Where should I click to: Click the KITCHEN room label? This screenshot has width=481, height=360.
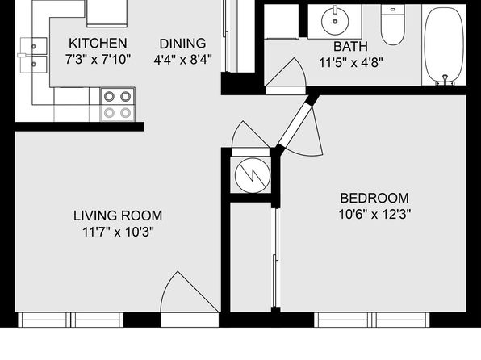tap(98, 44)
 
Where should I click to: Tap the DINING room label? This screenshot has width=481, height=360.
tap(182, 44)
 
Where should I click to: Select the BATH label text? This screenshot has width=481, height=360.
tap(350, 47)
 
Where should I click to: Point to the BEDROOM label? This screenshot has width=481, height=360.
tap(374, 198)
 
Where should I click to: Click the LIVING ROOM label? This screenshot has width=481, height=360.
tap(118, 216)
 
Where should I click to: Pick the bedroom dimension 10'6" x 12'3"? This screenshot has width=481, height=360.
tap(374, 214)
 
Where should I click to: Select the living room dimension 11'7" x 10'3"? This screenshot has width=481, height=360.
tap(118, 232)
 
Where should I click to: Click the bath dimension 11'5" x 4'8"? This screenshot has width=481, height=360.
tap(351, 63)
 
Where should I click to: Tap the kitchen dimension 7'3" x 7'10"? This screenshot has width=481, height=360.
tap(98, 59)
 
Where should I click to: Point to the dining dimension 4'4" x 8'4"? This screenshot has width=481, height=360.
tap(183, 60)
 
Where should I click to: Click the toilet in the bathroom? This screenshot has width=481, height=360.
tap(393, 25)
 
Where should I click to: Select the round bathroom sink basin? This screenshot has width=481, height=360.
tap(335, 21)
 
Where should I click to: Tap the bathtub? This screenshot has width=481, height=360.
tap(444, 45)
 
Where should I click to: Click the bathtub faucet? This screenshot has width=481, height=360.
tap(445, 80)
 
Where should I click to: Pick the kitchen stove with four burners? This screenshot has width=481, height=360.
tap(118, 105)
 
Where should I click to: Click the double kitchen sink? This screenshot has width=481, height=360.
tap(33, 55)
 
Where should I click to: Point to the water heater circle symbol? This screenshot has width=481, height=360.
tap(253, 175)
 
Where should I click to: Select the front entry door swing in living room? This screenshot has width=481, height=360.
tap(190, 293)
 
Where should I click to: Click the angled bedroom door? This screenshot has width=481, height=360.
tap(295, 125)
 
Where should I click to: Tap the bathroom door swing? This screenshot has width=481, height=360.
tap(286, 73)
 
